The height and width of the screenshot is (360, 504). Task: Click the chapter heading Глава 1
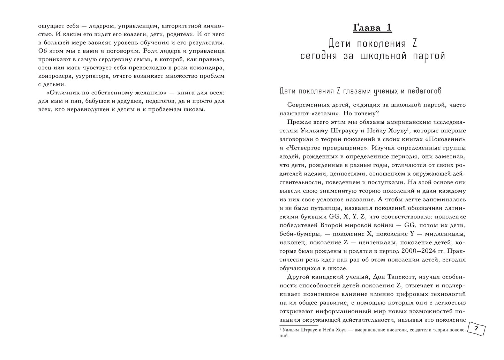coord(373,28)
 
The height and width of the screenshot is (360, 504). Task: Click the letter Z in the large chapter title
coord(414,44)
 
